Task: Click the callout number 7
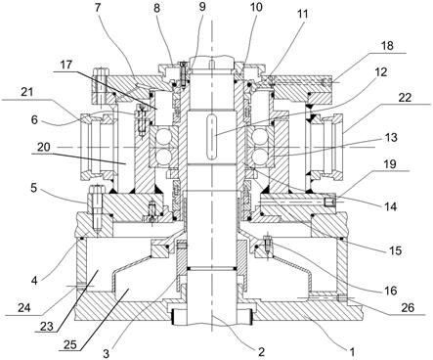click(x=98, y=8)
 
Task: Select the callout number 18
click(x=386, y=45)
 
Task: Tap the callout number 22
click(x=406, y=98)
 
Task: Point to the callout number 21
click(x=27, y=92)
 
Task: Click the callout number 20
click(x=43, y=147)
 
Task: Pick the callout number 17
click(x=67, y=66)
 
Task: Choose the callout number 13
click(x=391, y=137)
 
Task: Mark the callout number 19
click(x=390, y=163)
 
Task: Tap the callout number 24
click(x=23, y=307)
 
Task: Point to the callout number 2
click(x=261, y=351)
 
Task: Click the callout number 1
click(x=352, y=352)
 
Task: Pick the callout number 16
click(x=390, y=290)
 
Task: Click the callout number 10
click(x=256, y=8)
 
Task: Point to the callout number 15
click(x=395, y=250)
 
